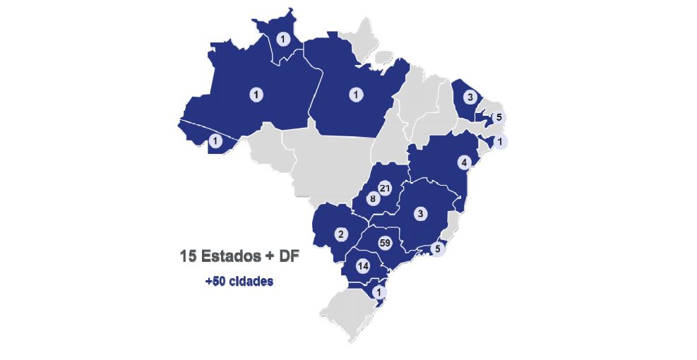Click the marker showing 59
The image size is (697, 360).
[x=385, y=243]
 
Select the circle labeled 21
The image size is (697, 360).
[x=385, y=188]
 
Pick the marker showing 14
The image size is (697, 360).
[x=363, y=266]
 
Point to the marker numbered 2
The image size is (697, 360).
[x=340, y=234]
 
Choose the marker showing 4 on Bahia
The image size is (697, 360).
[x=464, y=162]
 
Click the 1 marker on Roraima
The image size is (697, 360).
[x=283, y=39]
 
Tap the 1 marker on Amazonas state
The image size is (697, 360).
[x=255, y=93]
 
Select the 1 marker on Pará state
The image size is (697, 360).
[x=357, y=93]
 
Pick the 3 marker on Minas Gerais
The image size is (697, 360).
[x=420, y=213]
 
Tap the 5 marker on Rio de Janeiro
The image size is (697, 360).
[x=437, y=248]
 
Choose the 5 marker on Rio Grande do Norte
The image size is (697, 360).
[x=499, y=116]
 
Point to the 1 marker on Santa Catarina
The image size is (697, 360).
[x=381, y=292]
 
